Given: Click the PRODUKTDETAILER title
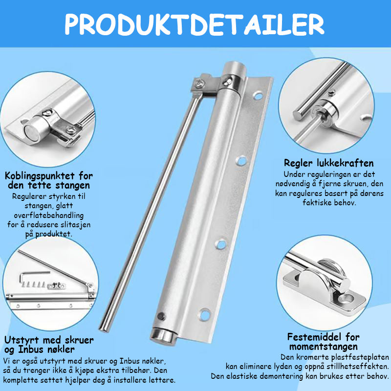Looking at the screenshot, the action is (195, 24).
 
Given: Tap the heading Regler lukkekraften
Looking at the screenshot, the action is (328, 163).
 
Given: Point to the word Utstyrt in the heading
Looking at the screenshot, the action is (22, 340).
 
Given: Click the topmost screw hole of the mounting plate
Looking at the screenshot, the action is (258, 96).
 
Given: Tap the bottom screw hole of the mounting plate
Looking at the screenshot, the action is (205, 314).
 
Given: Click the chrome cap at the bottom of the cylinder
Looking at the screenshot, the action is (164, 336).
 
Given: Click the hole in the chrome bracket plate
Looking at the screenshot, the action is (348, 298).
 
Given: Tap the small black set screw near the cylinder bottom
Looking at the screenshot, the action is (161, 316).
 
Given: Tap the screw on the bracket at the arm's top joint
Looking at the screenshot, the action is (199, 83).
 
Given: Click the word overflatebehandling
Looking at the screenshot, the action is (48, 215).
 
